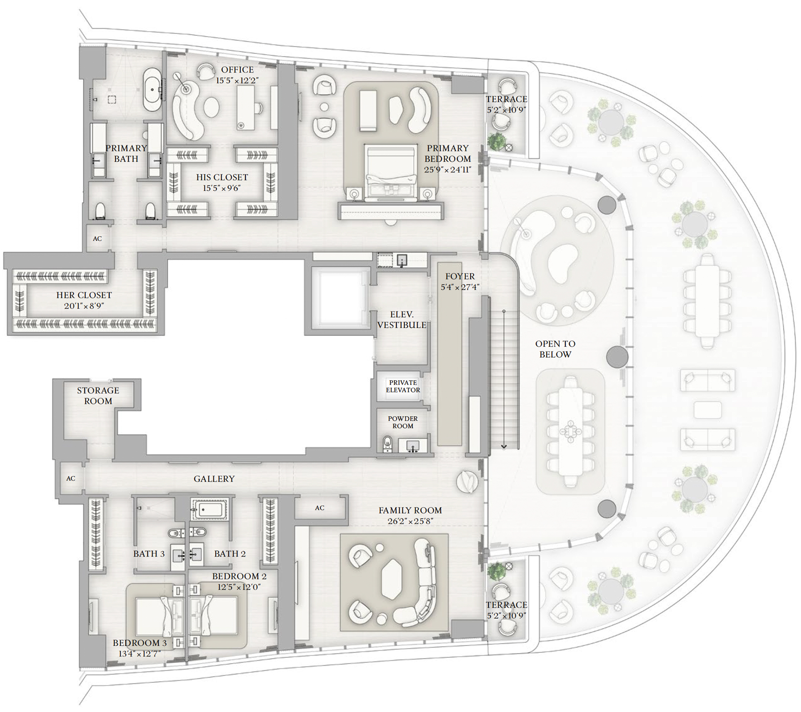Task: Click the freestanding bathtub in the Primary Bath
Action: tap(152, 90)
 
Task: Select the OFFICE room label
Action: tap(237, 70)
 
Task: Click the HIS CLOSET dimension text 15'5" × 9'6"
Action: tap(221, 188)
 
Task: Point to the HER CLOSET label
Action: tap(84, 295)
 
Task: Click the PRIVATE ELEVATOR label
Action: tap(403, 386)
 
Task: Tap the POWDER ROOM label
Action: tap(403, 422)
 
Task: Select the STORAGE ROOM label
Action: tap(98, 396)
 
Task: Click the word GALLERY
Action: tap(214, 479)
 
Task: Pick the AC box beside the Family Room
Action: tap(320, 508)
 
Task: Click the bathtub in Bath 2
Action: tap(210, 509)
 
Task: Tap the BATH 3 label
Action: tap(149, 554)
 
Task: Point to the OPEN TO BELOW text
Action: tap(555, 349)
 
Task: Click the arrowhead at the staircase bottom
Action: tap(504, 446)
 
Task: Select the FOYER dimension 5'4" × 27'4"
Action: tap(460, 287)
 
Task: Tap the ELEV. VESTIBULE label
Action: tap(402, 320)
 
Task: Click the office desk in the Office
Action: tap(245, 108)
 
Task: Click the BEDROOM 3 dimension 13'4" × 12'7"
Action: tap(139, 654)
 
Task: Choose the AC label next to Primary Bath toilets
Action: tap(98, 239)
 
